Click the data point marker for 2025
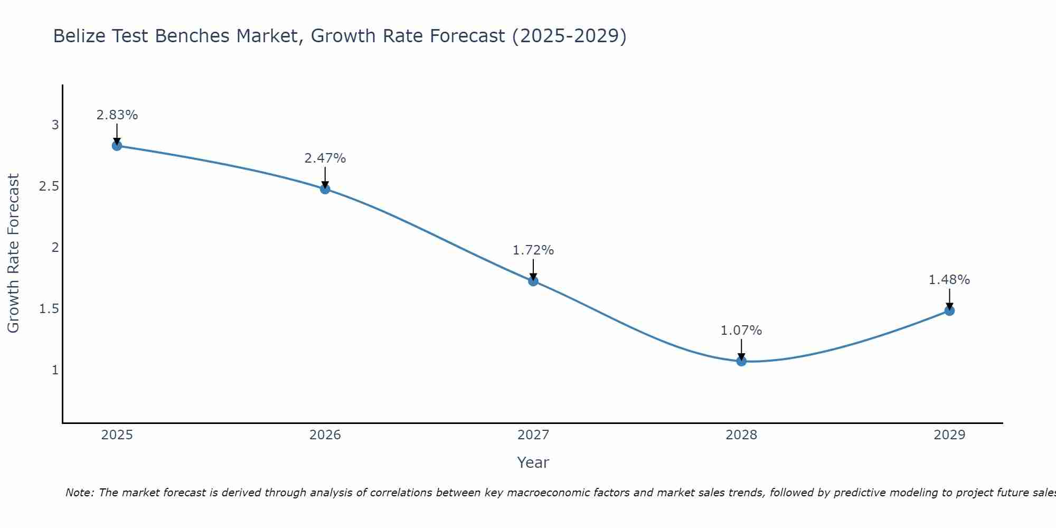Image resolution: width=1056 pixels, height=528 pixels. point(117,146)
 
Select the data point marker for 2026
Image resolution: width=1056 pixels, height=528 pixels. point(325,189)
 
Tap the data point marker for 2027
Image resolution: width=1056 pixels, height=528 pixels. point(533,281)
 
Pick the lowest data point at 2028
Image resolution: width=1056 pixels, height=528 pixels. point(741,361)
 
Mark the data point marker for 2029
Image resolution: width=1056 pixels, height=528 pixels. point(949,310)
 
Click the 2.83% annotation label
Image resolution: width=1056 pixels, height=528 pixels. point(117,115)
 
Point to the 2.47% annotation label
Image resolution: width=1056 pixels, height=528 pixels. point(325,158)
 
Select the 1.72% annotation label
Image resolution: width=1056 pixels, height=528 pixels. point(533,250)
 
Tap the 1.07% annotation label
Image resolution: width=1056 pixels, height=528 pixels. point(741,331)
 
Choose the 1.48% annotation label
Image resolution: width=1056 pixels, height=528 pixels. point(949,280)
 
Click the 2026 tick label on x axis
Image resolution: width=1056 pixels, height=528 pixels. point(325,435)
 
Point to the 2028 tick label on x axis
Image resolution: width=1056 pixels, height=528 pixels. point(741,435)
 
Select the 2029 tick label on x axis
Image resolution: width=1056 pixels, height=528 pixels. point(949,435)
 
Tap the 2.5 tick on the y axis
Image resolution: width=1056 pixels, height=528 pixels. point(49,186)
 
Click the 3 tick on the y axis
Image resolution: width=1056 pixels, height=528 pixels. point(55,125)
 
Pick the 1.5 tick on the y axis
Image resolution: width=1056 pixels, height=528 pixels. point(49,309)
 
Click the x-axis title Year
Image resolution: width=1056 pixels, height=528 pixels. point(533,463)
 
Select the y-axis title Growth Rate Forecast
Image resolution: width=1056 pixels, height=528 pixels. point(13,253)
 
